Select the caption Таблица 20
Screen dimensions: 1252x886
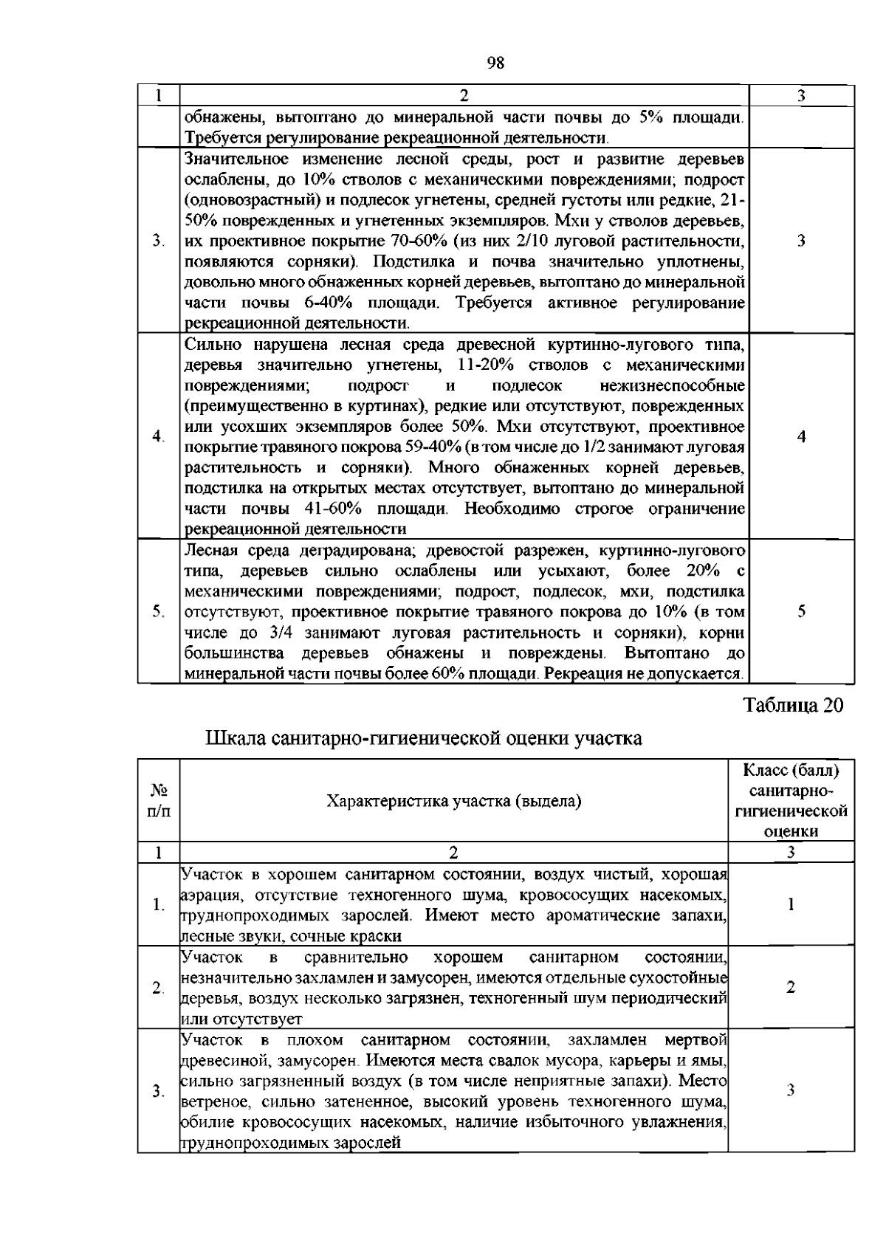tap(794, 705)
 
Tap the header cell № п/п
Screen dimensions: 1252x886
tap(159, 800)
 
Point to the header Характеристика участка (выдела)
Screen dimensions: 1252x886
tap(454, 801)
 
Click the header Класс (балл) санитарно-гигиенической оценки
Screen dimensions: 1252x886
tap(791, 800)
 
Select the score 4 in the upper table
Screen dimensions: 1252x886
tap(801, 436)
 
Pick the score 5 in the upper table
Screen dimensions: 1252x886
tap(801, 611)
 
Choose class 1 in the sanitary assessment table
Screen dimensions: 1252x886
tap(791, 904)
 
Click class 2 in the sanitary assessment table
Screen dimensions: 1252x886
tap(791, 987)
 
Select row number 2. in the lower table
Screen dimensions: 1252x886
tap(158, 988)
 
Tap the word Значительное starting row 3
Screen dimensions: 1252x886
tap(237, 159)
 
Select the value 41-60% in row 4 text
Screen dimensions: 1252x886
tap(332, 509)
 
